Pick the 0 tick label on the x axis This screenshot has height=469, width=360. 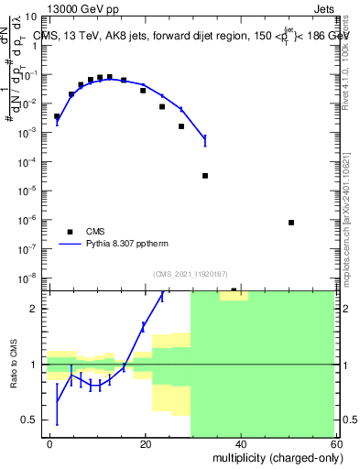click(x=50, y=443)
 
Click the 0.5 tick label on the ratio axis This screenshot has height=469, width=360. click(x=31, y=420)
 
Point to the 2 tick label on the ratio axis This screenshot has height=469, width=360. click(x=37, y=309)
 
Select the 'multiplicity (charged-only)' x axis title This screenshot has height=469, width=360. click(x=275, y=456)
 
